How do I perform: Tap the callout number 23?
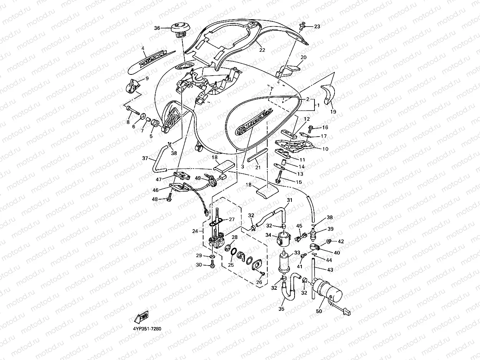tap(317, 26)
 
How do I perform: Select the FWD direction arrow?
tap(141, 317)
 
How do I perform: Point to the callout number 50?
tap(319, 312)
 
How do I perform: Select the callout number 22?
tap(262, 50)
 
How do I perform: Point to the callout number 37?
tap(145, 158)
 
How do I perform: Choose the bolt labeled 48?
tap(169, 198)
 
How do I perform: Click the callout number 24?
tap(195, 231)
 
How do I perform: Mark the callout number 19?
tap(333, 112)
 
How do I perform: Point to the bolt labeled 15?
tap(279, 177)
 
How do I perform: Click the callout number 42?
tap(341, 241)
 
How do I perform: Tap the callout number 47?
tap(159, 179)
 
